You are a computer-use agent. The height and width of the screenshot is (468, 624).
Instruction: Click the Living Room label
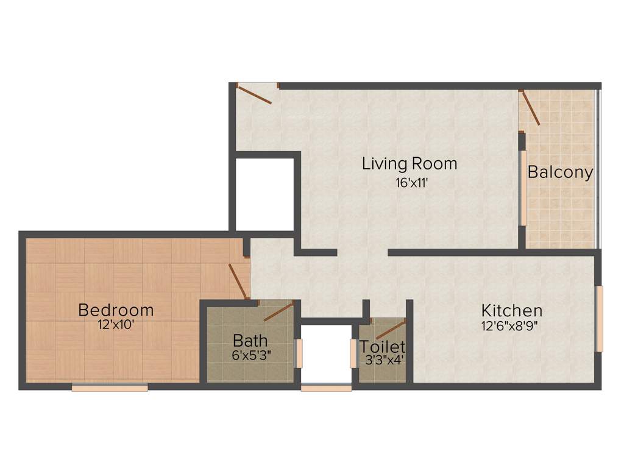tap(409, 163)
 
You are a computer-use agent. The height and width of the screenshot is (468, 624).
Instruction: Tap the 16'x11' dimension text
tap(409, 182)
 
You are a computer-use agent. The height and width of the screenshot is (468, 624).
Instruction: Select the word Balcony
tap(560, 172)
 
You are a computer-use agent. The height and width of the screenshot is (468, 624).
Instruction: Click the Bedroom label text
tap(116, 310)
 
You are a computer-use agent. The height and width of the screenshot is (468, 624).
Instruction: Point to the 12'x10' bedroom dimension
tap(116, 325)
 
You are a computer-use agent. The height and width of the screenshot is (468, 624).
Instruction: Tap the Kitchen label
tap(511, 310)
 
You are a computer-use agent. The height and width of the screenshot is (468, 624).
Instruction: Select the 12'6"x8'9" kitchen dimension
tap(511, 325)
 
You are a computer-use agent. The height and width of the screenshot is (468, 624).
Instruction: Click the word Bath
tap(250, 340)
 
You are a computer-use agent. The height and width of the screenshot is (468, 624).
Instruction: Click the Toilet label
tap(382, 347)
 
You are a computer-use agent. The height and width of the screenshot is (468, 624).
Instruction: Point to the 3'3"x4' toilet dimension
tap(382, 360)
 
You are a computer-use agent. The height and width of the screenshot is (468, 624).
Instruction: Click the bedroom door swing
tap(237, 280)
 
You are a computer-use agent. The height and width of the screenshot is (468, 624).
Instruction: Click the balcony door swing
tap(530, 108)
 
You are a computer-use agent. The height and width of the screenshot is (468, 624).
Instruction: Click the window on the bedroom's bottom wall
tap(110, 387)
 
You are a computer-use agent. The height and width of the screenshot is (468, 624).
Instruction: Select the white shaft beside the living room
tap(264, 194)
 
